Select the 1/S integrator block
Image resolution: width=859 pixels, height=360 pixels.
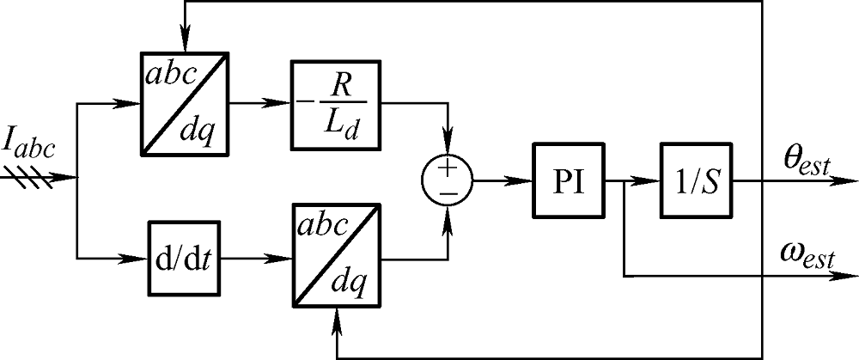click(x=695, y=181)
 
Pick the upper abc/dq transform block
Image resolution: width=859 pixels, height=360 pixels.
click(x=185, y=104)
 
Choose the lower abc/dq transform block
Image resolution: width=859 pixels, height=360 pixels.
click(x=335, y=257)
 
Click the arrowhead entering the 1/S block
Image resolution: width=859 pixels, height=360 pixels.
click(x=652, y=181)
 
